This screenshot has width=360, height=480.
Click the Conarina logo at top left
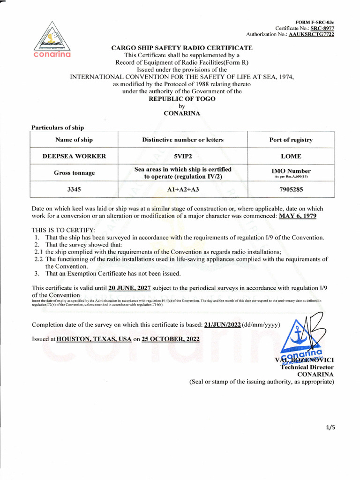click(52, 40)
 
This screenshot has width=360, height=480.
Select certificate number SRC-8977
click(322, 28)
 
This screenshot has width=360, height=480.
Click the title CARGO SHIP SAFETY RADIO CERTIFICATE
click(182, 48)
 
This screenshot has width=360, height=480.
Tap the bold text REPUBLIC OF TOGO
click(182, 98)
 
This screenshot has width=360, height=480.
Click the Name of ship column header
click(74, 140)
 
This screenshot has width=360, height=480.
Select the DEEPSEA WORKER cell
click(74, 156)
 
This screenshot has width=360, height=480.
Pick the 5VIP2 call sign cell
click(183, 156)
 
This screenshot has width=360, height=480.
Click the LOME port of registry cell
click(291, 156)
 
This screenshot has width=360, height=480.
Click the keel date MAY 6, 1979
click(298, 216)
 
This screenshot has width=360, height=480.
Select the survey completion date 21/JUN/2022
click(222, 324)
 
